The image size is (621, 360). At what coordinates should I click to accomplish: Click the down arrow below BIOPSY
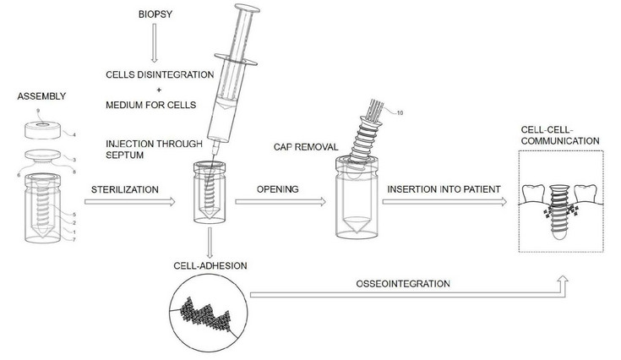(x=154, y=50)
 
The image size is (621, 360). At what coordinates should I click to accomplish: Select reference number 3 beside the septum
(x=75, y=158)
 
